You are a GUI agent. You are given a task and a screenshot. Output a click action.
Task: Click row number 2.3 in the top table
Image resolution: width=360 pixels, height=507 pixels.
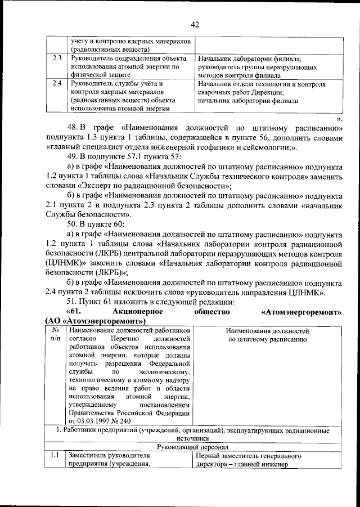point(56,58)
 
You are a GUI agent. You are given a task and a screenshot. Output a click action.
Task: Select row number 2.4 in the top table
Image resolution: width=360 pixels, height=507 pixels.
point(56,84)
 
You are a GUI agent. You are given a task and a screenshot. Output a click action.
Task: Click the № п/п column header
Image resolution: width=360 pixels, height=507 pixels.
point(55,335)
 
